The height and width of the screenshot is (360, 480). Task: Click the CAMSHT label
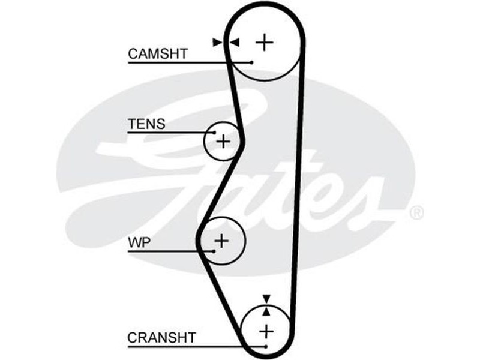(158, 53)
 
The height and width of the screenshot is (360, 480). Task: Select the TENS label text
(146, 124)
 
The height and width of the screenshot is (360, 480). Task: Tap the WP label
(139, 243)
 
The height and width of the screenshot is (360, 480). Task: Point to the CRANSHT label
(161, 338)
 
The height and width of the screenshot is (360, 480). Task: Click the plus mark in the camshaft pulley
(264, 42)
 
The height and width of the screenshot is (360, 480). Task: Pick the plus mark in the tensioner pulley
(223, 142)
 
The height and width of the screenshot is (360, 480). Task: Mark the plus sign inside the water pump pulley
(222, 241)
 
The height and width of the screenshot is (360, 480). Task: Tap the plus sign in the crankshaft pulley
(265, 330)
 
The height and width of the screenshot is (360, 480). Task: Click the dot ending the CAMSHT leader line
(252, 62)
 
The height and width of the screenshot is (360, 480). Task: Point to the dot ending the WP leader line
(214, 250)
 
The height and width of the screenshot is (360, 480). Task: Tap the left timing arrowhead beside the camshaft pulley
(217, 42)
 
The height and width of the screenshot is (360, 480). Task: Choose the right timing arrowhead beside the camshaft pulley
(234, 42)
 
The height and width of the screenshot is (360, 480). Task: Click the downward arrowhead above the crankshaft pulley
(266, 298)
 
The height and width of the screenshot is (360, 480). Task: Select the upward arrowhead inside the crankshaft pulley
(266, 311)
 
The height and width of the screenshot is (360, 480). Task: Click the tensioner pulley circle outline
(205, 142)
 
